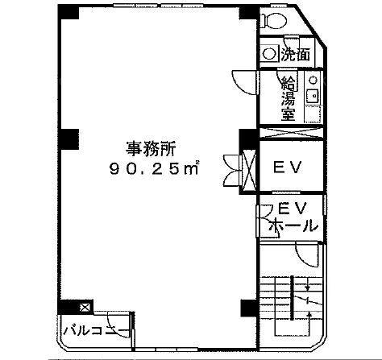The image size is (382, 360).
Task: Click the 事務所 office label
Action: coord(151,149)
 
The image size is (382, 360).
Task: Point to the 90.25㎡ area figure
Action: coord(154,168)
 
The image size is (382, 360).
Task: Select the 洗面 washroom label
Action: coord(296,54)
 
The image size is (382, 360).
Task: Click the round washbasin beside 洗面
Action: coord(268,54)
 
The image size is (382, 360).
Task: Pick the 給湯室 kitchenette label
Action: coord(289,98)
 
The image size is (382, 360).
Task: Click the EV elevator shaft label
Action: coord(288,167)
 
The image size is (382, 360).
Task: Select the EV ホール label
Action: coord(293,217)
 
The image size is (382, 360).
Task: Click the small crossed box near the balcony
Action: coord(85,307)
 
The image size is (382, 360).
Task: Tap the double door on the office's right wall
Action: coord(231,170)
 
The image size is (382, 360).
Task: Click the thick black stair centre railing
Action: coord(293,298)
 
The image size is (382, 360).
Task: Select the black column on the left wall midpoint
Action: coord(69,139)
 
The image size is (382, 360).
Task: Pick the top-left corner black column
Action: coord(69,13)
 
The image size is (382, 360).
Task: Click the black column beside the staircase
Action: coord(249,308)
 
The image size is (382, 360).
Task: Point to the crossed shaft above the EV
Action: coord(291,133)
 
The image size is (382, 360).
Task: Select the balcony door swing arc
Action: coord(118,324)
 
